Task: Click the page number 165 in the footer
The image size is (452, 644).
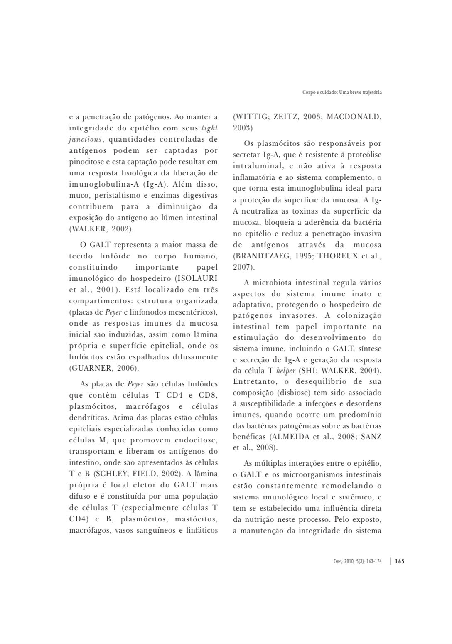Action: coord(399,561)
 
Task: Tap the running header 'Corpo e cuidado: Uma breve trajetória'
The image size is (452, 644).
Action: coord(342,92)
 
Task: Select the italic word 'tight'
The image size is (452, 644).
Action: coord(209,128)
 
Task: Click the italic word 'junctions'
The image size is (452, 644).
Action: coord(85,139)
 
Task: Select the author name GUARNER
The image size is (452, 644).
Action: coord(91,368)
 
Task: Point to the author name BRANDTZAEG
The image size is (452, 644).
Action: coord(262,256)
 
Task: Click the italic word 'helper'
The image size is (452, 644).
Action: coord(285,371)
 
